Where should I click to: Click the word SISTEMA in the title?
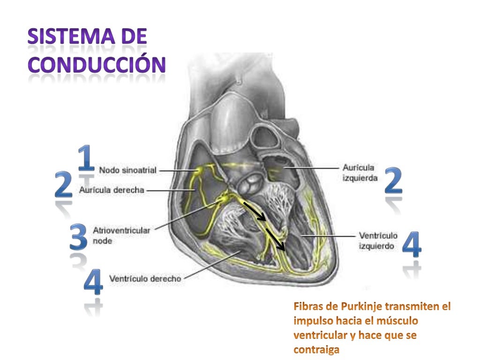click(73, 37)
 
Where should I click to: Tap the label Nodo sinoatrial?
click(127, 171)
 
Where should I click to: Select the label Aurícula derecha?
click(112, 190)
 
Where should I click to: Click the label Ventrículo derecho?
click(145, 278)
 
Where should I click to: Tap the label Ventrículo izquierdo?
click(378, 240)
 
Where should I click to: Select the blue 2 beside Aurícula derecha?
click(64, 185)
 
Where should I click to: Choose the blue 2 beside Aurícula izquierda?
click(393, 181)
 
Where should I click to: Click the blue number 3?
click(78, 237)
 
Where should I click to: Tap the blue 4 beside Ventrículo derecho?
click(93, 281)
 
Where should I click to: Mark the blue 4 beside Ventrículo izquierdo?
click(412, 244)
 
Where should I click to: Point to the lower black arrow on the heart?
click(276, 239)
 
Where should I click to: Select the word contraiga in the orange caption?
click(316, 350)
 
